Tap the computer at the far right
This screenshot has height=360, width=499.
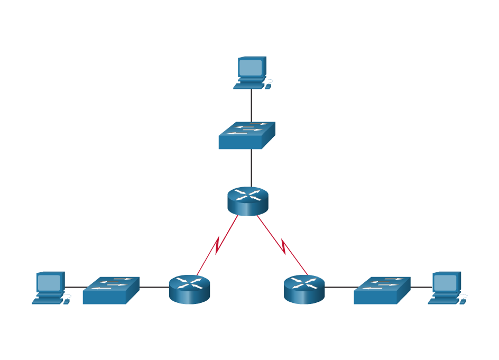pyautogui.click(x=446, y=288)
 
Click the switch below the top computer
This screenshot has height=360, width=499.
pyautogui.click(x=246, y=136)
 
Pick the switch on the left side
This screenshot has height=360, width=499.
pyautogui.click(x=110, y=290)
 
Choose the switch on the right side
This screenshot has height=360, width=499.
pyautogui.click(x=382, y=290)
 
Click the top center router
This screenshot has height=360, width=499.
pyautogui.click(x=248, y=201)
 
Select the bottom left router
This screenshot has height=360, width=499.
pyautogui.click(x=189, y=289)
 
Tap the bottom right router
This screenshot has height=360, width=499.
pyautogui.click(x=304, y=289)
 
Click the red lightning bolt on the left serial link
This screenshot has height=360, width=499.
pyautogui.click(x=217, y=245)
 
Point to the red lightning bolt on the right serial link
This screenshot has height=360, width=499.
pyautogui.click(x=284, y=246)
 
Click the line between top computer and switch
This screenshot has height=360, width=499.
pyautogui.click(x=252, y=106)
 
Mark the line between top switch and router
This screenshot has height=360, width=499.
pyautogui.click(x=252, y=168)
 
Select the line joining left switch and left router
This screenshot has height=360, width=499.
pyautogui.click(x=154, y=288)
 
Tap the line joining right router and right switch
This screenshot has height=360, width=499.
pyautogui.click(x=339, y=288)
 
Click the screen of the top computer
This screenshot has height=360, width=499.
pyautogui.click(x=251, y=67)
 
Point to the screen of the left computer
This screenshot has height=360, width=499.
pyautogui.click(x=49, y=282)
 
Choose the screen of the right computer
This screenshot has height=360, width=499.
pyautogui.click(x=445, y=282)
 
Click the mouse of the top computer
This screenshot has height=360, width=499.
pyautogui.click(x=268, y=86)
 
